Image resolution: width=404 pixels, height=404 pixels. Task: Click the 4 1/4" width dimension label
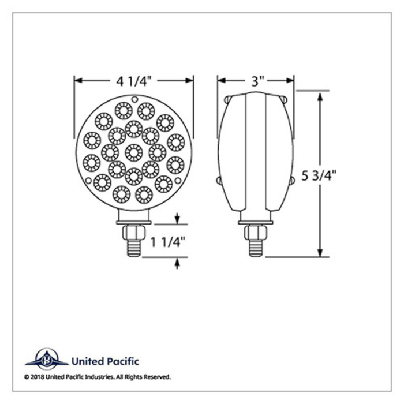pyautogui.click(x=134, y=81)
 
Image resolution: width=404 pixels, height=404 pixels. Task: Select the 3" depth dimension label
pyautogui.click(x=256, y=81)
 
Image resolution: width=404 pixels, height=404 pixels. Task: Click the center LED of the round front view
pyautogui.click(x=134, y=152)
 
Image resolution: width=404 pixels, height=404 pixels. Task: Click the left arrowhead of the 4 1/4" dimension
pyautogui.click(x=78, y=81)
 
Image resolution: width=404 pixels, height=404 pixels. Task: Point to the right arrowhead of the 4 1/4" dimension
pyautogui.click(x=189, y=81)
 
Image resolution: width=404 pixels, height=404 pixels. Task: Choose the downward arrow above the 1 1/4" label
pyautogui.click(x=177, y=219)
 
